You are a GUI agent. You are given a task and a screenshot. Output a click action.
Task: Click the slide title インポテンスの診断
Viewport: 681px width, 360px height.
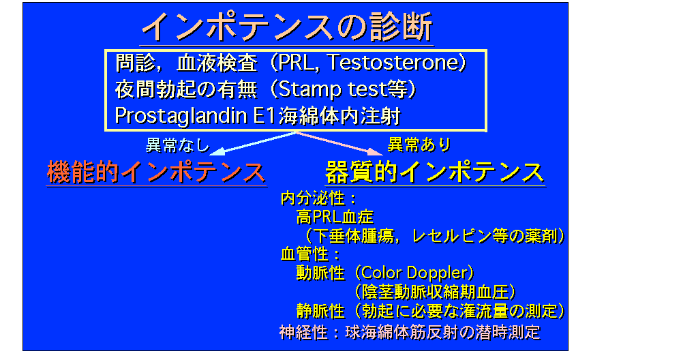pos(286,26)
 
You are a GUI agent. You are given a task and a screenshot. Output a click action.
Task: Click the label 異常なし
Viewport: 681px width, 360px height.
pos(177,145)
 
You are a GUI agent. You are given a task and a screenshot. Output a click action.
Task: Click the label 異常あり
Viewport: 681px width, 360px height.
pos(419,144)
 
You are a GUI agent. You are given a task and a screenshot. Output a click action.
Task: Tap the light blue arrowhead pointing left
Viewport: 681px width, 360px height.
pos(217,151)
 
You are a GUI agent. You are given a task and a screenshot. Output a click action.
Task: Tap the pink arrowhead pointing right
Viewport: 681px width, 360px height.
pos(375,151)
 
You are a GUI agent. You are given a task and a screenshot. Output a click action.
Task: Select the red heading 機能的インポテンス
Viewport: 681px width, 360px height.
pos(156,172)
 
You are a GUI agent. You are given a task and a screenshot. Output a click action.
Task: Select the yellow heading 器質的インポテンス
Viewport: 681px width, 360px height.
pos(435,172)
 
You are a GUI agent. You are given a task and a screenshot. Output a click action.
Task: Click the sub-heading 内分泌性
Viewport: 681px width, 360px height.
pos(313,198)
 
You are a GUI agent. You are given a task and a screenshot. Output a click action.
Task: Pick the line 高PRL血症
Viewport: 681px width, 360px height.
pos(335,217)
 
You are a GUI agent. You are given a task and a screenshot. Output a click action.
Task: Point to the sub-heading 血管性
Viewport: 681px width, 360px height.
pos(305,254)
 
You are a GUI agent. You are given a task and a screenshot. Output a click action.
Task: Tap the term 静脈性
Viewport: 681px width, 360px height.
pos(320,311)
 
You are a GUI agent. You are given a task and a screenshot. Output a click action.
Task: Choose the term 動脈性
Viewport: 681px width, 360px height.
pos(320,273)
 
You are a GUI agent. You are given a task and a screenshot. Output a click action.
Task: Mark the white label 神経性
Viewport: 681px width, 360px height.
pos(303,333)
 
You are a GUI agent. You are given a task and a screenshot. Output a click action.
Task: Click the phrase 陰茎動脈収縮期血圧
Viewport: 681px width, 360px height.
pos(435,292)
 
